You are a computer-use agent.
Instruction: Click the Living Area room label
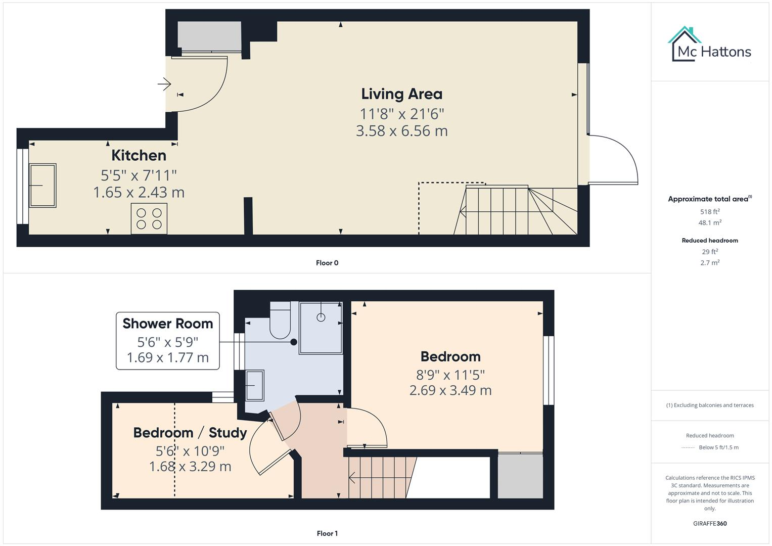coord(401,94)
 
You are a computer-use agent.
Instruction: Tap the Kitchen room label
coord(139,155)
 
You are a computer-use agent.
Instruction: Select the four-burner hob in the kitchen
coord(149,218)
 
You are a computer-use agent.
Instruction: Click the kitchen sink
coord(42,185)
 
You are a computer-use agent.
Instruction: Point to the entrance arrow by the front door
coord(164,83)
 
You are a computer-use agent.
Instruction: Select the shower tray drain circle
coord(321,317)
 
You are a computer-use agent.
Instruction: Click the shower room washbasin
coord(254,385)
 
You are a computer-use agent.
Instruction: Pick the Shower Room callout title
coord(168,324)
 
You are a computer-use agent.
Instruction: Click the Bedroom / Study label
coord(190,433)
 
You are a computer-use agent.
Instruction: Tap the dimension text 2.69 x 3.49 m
coord(450,390)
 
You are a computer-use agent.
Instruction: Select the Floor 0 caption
coord(327,263)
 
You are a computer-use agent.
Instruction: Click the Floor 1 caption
coord(327,533)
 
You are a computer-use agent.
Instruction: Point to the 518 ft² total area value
coord(710,212)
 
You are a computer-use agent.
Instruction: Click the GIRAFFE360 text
coord(710,524)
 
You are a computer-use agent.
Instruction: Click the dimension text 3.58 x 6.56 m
coord(401,131)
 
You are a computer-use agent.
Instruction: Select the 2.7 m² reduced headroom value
coord(710,263)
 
